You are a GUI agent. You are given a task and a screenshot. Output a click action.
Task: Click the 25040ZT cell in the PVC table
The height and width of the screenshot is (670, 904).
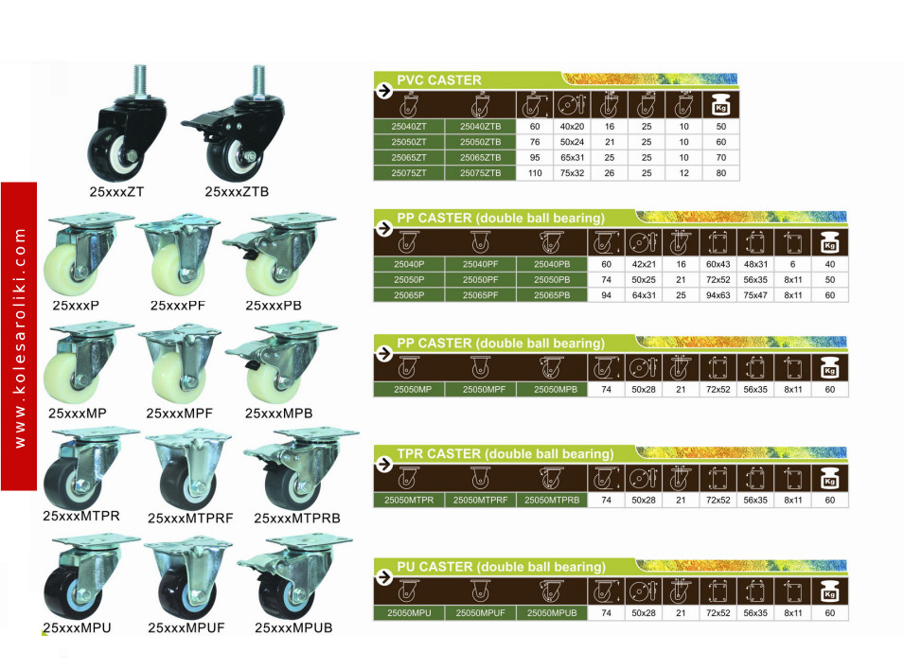tap(409, 126)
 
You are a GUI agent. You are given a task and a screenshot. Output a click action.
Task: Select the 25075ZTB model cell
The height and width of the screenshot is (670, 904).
tap(480, 173)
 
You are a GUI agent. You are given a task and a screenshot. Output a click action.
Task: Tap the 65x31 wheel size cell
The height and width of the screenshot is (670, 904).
tap(572, 157)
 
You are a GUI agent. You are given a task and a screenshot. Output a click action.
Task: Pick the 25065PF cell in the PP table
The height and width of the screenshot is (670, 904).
tap(480, 295)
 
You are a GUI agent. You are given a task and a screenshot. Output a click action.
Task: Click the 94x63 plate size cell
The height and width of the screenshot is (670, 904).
tap(718, 295)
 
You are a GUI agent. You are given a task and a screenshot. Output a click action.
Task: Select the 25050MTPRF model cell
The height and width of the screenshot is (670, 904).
tap(480, 500)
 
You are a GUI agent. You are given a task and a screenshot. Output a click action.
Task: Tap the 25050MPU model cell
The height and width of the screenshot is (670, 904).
tap(409, 613)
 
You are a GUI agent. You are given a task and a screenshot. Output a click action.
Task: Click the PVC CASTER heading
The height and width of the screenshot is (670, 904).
tap(438, 80)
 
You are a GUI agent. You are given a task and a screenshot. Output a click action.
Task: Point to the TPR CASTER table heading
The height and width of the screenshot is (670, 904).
tap(505, 454)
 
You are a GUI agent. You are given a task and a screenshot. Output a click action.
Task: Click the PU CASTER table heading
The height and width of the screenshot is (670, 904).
tap(501, 567)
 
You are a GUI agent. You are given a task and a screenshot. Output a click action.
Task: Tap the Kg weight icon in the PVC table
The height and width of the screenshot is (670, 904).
tap(720, 104)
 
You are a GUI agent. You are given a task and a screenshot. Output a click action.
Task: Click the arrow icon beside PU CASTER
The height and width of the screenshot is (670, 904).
tap(384, 576)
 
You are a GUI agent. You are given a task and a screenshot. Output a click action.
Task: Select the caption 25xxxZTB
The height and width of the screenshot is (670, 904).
tap(237, 191)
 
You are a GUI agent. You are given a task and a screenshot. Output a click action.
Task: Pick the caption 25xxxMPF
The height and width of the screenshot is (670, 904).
tap(179, 413)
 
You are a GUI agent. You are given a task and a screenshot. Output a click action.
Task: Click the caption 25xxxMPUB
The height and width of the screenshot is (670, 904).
tap(293, 627)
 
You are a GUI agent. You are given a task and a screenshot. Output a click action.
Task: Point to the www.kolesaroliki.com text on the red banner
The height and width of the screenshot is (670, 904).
tap(20, 337)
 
